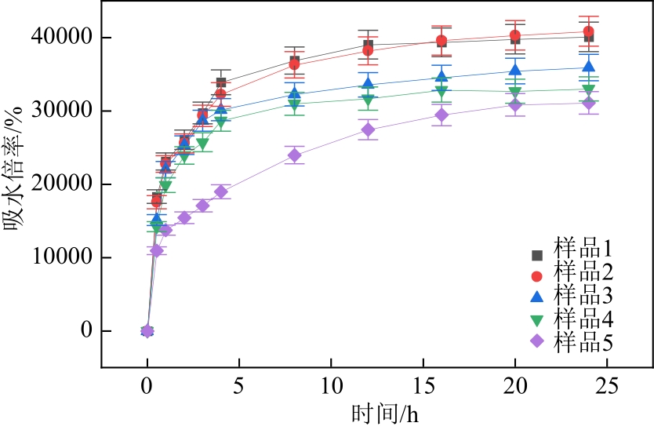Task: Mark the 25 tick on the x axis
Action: pyautogui.click(x=607, y=386)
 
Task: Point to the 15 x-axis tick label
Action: pyautogui.click(x=423, y=386)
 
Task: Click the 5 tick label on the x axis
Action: pyautogui.click(x=239, y=386)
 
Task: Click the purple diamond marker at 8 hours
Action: pyautogui.click(x=295, y=155)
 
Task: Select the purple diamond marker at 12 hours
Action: pyautogui.click(x=368, y=129)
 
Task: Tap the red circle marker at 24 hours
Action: pyautogui.click(x=588, y=31)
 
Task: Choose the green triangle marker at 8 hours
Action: pyautogui.click(x=295, y=104)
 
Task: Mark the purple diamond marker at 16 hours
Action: pyautogui.click(x=441, y=115)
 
